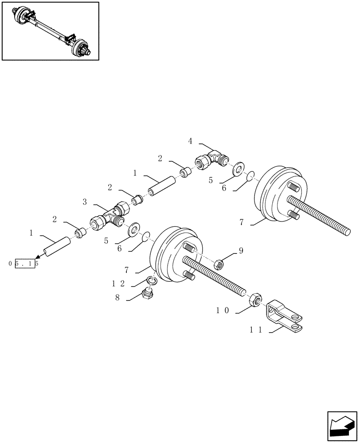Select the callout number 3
tap(84, 202)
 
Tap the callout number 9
tap(241, 251)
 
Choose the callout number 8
tap(117, 298)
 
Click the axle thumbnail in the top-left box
tap(50, 31)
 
